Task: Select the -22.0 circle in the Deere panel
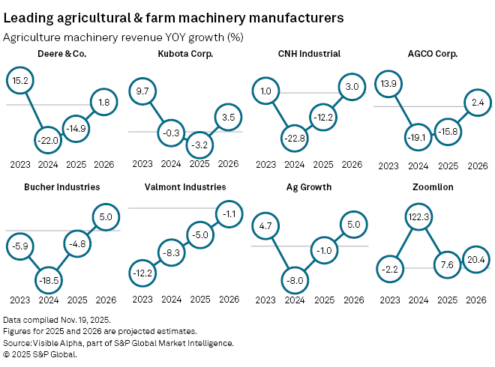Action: [x=49, y=139]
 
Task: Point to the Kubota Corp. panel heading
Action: [x=184, y=54]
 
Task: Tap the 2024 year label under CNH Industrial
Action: [x=294, y=164]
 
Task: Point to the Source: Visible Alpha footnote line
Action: [x=118, y=342]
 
